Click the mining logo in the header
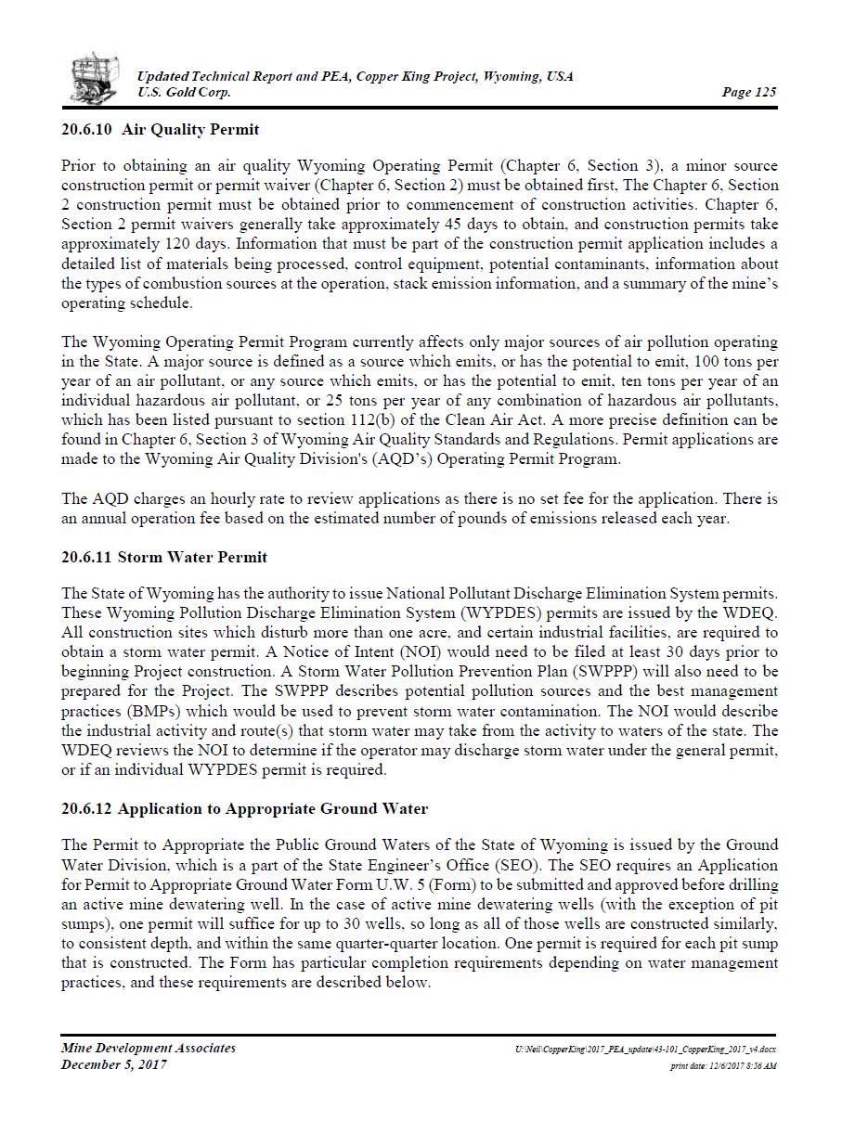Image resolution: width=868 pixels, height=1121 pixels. (x=95, y=78)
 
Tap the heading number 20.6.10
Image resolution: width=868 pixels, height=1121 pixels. (x=87, y=129)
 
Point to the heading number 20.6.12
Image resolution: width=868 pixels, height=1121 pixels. (x=86, y=808)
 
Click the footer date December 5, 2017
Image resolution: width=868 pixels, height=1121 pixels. (x=114, y=1064)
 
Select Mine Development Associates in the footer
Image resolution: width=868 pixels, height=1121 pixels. (x=149, y=1048)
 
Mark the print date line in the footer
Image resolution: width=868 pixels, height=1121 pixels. (x=723, y=1065)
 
